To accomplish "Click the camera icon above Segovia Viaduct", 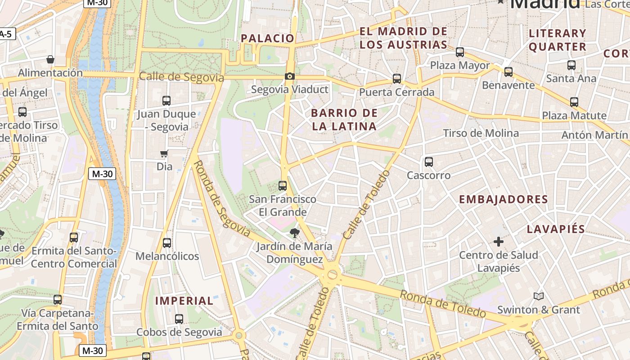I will tap(290, 76).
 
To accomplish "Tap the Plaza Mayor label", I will tap(460, 65).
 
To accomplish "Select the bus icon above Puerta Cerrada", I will tap(397, 79).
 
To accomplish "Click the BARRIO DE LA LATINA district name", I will tap(344, 120).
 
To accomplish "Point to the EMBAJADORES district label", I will tap(503, 199).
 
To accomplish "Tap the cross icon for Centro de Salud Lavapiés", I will tap(499, 242).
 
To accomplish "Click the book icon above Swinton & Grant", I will tap(538, 296).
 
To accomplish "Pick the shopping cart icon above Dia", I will tap(164, 154).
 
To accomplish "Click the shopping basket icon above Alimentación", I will tap(50, 59).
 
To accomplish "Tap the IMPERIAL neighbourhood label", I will tap(184, 301).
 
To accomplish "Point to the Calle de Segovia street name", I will tap(181, 77).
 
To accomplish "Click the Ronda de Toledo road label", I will tap(443, 304).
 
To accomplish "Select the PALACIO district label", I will tap(267, 38).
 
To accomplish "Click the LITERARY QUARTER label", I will tap(558, 40).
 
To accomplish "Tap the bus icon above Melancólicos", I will tap(167, 243).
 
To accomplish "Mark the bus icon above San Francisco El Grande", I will tap(283, 185).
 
